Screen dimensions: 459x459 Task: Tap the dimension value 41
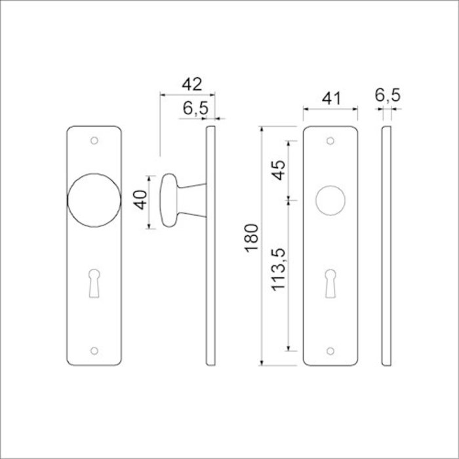pos(330,98)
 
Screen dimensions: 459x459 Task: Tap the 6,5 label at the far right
pos(388,96)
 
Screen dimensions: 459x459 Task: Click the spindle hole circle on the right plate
pos(330,201)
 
